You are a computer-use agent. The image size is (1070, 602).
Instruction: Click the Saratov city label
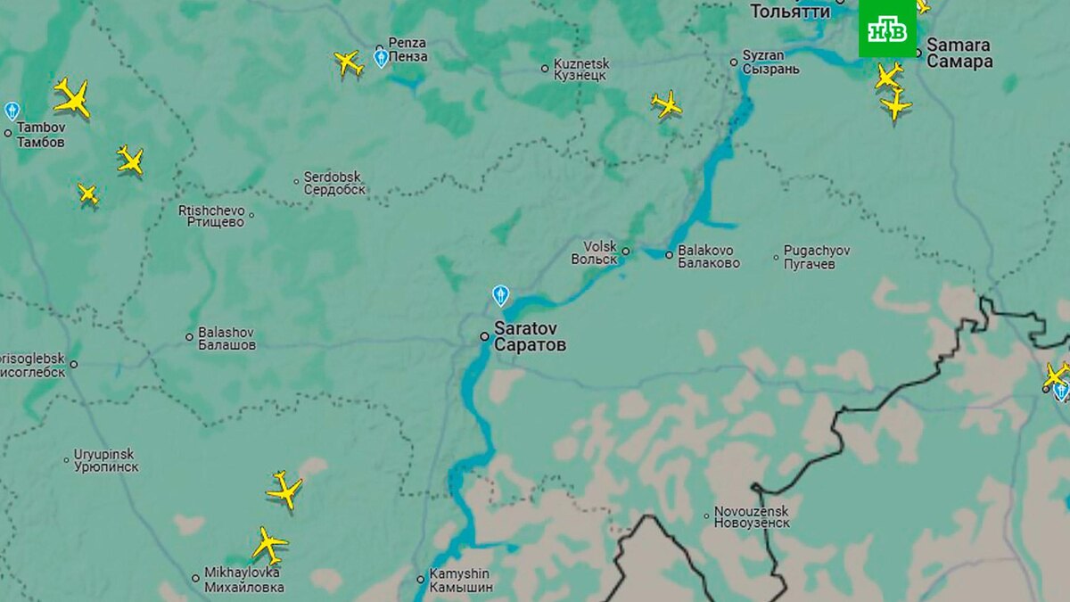click(x=530, y=337)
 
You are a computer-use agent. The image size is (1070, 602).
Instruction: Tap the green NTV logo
click(x=887, y=29)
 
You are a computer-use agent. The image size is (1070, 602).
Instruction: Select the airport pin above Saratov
click(x=501, y=295)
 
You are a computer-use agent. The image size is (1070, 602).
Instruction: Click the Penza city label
click(x=407, y=50)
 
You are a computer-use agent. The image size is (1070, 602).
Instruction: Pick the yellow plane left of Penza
click(x=349, y=62)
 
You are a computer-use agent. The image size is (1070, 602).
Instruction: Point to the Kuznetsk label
click(x=580, y=70)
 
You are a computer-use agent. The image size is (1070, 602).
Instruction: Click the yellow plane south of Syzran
click(x=666, y=104)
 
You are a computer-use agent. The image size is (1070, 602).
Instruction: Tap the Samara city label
click(x=959, y=54)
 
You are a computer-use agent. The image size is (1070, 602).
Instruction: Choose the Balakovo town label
click(x=709, y=257)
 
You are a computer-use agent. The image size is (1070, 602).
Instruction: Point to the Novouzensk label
click(x=752, y=517)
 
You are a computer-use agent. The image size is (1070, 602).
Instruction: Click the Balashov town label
click(x=226, y=337)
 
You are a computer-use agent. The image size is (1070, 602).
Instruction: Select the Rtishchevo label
click(x=211, y=216)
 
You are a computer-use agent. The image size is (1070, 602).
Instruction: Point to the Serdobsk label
click(x=334, y=183)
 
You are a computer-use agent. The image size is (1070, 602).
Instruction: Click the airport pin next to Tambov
click(x=12, y=111)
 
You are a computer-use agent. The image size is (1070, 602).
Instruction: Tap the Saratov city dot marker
click(x=484, y=336)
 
